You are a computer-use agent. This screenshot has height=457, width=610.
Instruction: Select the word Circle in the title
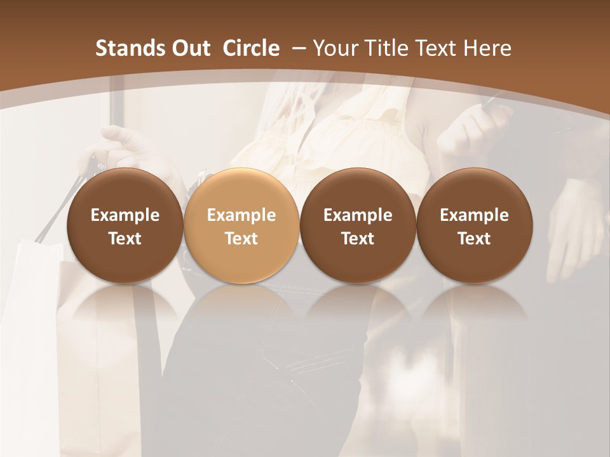pyautogui.click(x=251, y=48)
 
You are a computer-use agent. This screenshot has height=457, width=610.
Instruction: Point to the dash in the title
pyautogui.click(x=298, y=48)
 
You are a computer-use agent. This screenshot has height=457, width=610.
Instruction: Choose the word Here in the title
pyautogui.click(x=488, y=48)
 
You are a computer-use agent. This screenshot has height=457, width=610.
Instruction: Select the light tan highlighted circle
pyautogui.click(x=241, y=226)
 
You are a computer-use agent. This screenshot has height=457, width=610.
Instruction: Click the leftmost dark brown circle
pyautogui.click(x=125, y=226)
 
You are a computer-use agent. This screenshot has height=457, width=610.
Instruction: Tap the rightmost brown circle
pyautogui.click(x=474, y=226)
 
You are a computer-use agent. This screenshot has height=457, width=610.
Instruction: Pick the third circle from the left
pyautogui.click(x=358, y=226)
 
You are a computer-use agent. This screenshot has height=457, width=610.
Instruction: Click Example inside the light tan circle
pyautogui.click(x=241, y=215)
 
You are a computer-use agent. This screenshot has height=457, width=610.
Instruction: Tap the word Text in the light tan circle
pyautogui.click(x=241, y=239)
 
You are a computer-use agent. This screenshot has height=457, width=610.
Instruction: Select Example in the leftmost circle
pyautogui.click(x=125, y=215)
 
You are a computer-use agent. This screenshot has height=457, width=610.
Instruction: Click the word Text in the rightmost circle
pyautogui.click(x=474, y=239)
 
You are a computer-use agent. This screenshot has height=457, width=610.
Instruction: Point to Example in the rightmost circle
pyautogui.click(x=474, y=215)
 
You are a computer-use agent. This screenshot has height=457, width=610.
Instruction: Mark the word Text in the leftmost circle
pyautogui.click(x=125, y=239)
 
